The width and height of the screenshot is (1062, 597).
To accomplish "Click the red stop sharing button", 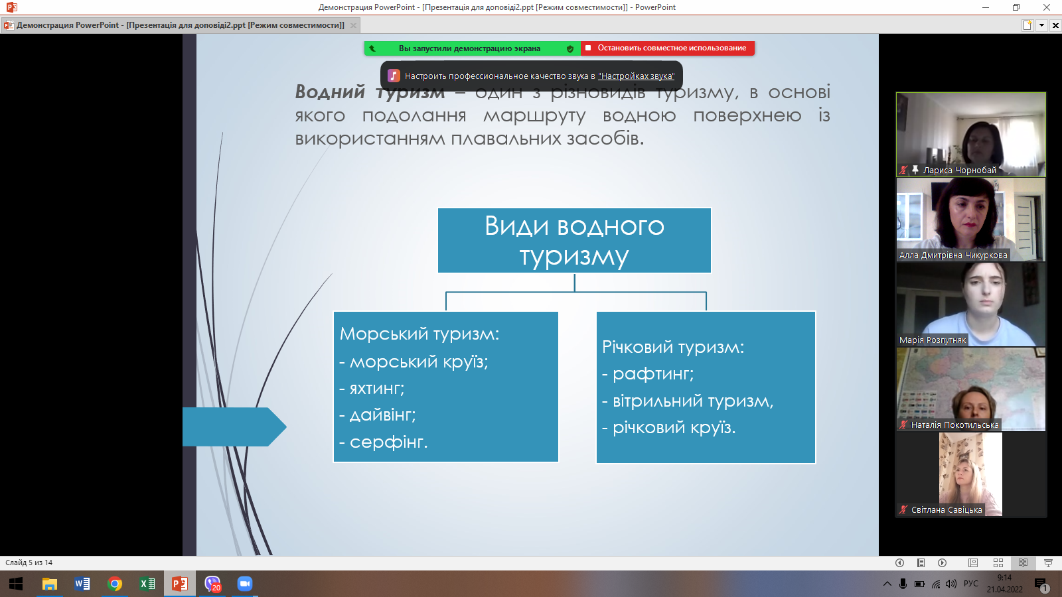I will coord(668,48).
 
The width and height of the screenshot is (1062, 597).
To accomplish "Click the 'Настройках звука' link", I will coord(636,76).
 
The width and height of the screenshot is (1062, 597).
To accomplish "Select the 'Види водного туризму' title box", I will coord(574,240).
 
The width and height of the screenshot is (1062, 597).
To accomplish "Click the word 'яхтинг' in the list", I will coord(376,389).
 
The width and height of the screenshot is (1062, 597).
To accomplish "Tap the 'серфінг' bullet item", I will coord(388,442).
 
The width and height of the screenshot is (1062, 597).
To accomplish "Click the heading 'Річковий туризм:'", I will coord(673,347).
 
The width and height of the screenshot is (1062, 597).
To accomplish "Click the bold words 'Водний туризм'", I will coord(369,93).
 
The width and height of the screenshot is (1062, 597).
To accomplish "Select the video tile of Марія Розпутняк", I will coord(970,304).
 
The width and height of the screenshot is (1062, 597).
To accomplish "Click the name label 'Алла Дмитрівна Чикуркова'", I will coord(952,255).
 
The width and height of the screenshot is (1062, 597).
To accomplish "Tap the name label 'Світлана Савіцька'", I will coord(946,510).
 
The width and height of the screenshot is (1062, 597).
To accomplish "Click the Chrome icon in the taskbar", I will coord(115,584).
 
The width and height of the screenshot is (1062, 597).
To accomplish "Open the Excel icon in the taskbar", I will coord(147,584).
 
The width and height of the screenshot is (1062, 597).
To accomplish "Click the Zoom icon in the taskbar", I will coord(245,584).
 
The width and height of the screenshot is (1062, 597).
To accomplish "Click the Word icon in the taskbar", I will coord(82,584).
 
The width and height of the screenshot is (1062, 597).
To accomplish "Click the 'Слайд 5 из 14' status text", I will coord(29,563).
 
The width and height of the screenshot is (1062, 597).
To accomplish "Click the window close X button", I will coord(1047,7).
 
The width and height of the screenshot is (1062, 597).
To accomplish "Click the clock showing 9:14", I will coord(1004,578).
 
